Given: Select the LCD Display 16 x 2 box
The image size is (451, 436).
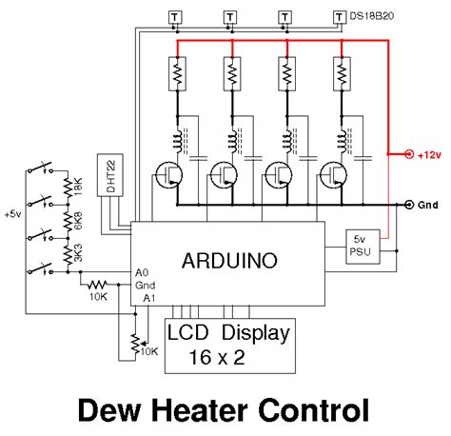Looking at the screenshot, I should tap(229, 345).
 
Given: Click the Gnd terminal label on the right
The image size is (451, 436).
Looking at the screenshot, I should tap(429, 205).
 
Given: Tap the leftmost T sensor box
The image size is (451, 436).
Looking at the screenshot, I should tap(175, 16).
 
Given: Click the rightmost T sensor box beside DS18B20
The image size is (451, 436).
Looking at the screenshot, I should tap(340, 16).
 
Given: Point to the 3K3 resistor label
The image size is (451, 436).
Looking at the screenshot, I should tap(78, 254).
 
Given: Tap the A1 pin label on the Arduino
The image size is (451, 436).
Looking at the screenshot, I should tap(147, 298).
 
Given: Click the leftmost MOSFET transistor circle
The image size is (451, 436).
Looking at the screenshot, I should tap(170, 175).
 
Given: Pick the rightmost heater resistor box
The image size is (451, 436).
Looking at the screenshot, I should tap(340, 72).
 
